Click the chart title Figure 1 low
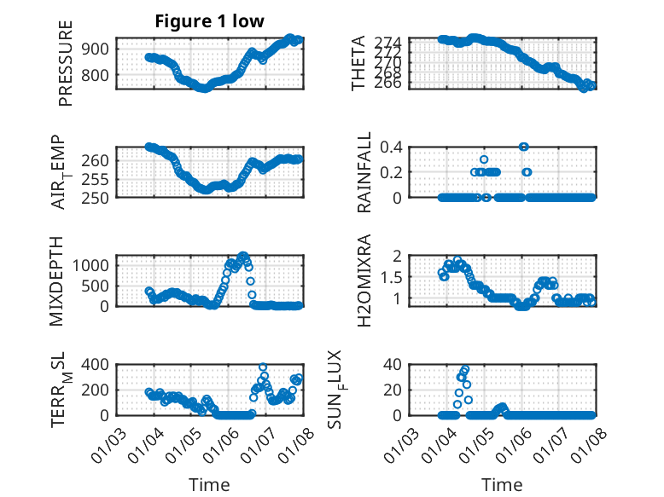[x=209, y=20]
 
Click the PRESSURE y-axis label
[x=66, y=63]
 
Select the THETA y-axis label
[x=358, y=63]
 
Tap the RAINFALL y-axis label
[x=364, y=172]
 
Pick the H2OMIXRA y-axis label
[x=364, y=280]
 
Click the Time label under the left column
[x=209, y=485]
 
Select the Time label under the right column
[x=502, y=485]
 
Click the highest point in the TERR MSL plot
[x=263, y=367]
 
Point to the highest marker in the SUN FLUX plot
[x=465, y=369]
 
